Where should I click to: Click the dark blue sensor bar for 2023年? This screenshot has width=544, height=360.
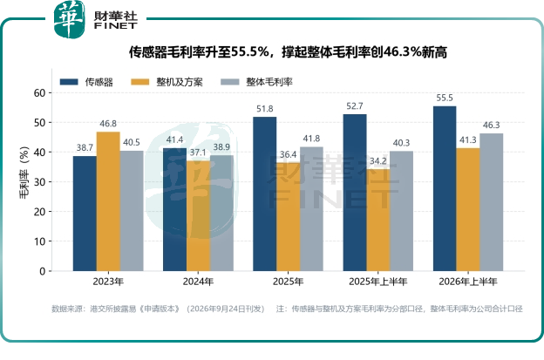coord(85,214)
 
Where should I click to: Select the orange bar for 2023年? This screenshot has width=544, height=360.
coord(108,201)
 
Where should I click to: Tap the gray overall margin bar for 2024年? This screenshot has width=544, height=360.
coord(221,213)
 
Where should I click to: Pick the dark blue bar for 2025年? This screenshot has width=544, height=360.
coord(265,194)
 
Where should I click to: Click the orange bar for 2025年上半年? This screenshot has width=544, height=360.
coord(378,220)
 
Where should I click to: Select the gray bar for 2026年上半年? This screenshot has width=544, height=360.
coord(492,202)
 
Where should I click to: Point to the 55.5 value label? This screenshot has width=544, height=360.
coord(445,98)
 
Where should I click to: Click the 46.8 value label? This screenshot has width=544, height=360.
coord(108,124)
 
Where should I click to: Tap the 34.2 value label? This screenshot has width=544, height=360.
coord(377,161)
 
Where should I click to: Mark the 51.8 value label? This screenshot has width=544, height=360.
coord(265,109)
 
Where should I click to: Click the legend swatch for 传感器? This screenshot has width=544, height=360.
coord(69,82)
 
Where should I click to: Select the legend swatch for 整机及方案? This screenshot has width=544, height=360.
coord(140,82)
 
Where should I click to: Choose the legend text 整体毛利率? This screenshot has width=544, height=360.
coord(269,82)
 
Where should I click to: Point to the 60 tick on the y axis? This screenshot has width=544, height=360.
coord(39,93)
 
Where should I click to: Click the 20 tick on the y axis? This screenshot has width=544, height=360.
coord(39,212)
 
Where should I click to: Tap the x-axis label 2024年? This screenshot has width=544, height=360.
coord(198,282)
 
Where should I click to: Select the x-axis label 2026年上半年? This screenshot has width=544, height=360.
coord(467,282)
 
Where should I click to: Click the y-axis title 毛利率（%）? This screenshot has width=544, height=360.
coord(24,173)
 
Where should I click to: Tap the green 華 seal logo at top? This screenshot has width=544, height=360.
coord(70,18)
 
